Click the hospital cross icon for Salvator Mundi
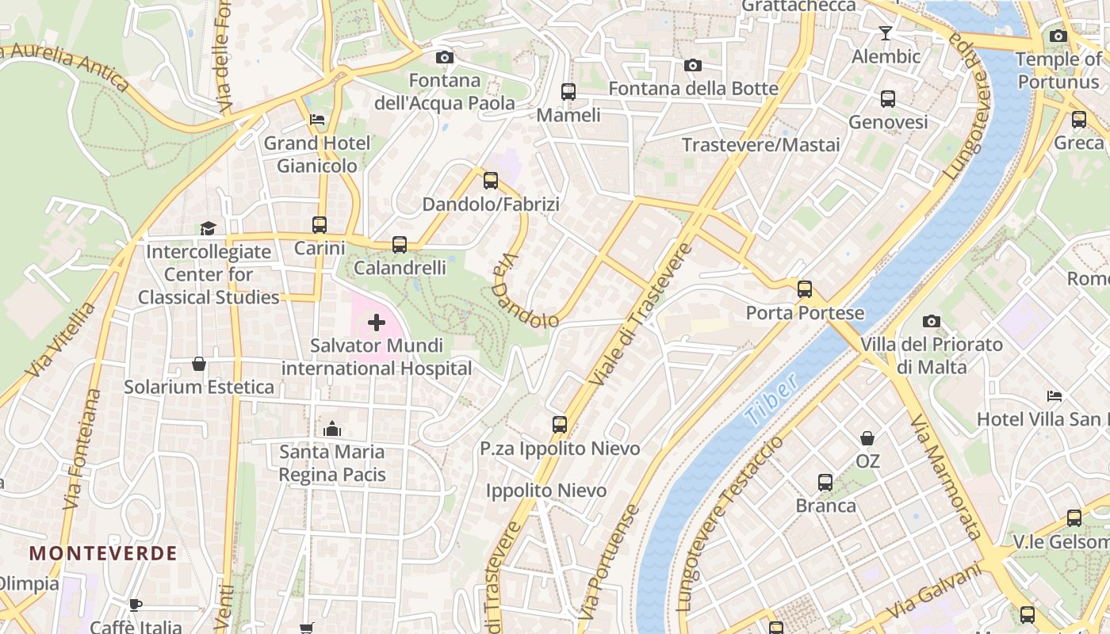tap(377, 323)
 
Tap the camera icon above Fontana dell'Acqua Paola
tap(445, 57)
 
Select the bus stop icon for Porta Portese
tap(805, 289)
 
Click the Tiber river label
tap(771, 403)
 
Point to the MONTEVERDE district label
tap(103, 553)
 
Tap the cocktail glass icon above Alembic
tap(886, 33)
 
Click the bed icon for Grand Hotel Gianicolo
tap(317, 120)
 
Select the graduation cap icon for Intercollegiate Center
tap(208, 228)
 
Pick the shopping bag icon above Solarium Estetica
tap(199, 364)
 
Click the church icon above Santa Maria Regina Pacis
tap(332, 429)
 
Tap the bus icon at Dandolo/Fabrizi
tap(491, 181)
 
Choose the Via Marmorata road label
tap(946, 475)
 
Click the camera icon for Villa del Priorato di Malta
tap(932, 321)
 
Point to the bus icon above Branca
tap(825, 482)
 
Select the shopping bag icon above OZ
tap(867, 438)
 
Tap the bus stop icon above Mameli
tap(568, 91)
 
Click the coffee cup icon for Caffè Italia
tap(136, 605)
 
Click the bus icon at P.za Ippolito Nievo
tap(560, 425)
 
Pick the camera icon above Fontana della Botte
tap(693, 65)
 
